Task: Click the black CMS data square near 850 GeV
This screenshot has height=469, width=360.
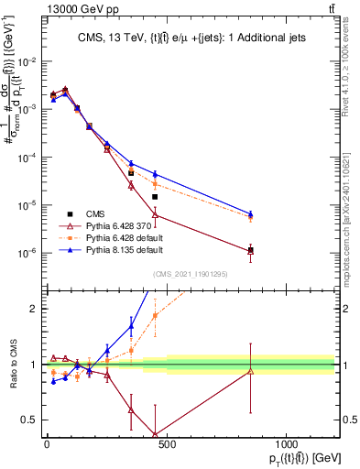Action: coord(250,250)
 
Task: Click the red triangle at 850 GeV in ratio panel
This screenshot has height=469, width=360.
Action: coord(250,371)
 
